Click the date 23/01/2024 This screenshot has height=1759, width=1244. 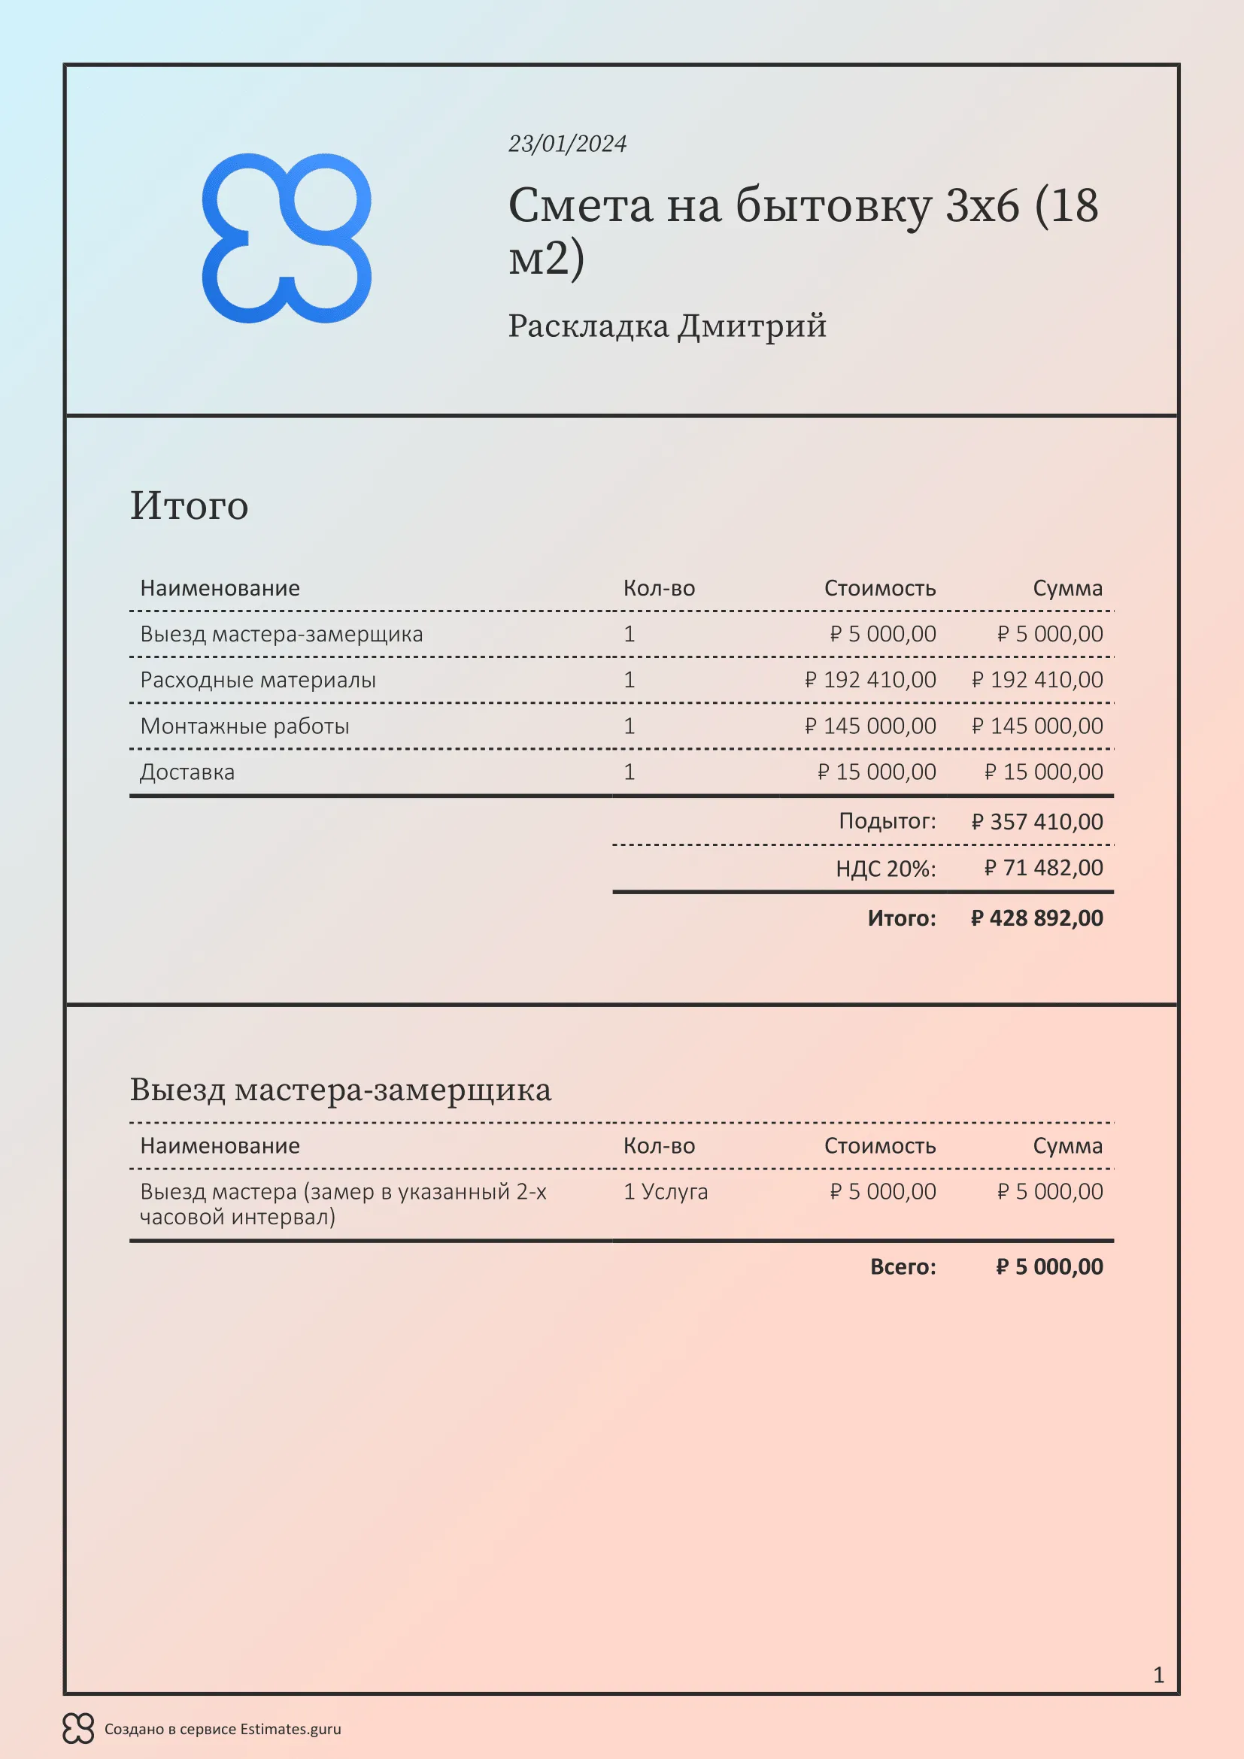567,144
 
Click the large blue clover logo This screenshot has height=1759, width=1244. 287,238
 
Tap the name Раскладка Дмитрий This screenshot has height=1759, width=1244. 666,326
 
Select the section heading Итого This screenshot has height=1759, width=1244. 190,505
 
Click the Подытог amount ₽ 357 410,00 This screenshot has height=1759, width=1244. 1037,821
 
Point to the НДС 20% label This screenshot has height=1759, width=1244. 885,868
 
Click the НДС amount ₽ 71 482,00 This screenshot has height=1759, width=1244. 1043,867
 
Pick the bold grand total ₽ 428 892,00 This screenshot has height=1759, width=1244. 1037,917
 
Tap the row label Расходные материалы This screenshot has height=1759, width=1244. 257,680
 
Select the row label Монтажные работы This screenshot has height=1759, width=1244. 244,726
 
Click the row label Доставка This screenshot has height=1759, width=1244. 187,772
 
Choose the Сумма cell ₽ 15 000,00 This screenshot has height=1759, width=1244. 1043,772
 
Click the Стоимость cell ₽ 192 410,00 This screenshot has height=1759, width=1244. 870,680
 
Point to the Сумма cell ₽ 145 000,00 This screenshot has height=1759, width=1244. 1037,726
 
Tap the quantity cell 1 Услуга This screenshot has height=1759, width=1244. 665,1191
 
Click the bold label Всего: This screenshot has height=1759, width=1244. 903,1266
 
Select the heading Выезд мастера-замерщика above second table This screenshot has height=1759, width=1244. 340,1090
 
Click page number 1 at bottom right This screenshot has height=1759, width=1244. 1158,1675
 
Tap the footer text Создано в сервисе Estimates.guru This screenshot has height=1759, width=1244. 223,1729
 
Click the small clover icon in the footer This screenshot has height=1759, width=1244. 78,1728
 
